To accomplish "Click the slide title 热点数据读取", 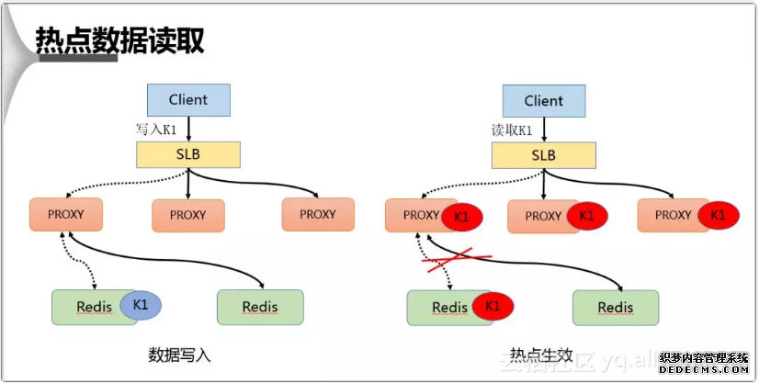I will [x=119, y=40].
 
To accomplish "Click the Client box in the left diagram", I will [x=188, y=99].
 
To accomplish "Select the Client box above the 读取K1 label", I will [x=544, y=100].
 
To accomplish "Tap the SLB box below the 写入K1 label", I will [x=188, y=154].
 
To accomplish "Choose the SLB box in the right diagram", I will [x=543, y=155].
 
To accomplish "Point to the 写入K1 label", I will [x=156, y=130].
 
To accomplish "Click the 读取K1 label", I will [x=512, y=130].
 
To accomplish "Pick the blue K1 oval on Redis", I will [x=141, y=303].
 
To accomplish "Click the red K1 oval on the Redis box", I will [x=493, y=305].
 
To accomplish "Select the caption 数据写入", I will [x=179, y=355].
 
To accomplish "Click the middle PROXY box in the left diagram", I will [x=188, y=215].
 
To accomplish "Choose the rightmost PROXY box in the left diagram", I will [x=318, y=214].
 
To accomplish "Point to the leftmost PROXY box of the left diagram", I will [x=65, y=214].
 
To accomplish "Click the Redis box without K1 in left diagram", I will [x=260, y=307].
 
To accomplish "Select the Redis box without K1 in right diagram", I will [x=616, y=308].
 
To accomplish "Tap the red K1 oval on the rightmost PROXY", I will [x=718, y=215].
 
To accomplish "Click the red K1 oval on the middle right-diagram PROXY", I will [x=587, y=217].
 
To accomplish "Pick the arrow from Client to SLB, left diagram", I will [x=188, y=128].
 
